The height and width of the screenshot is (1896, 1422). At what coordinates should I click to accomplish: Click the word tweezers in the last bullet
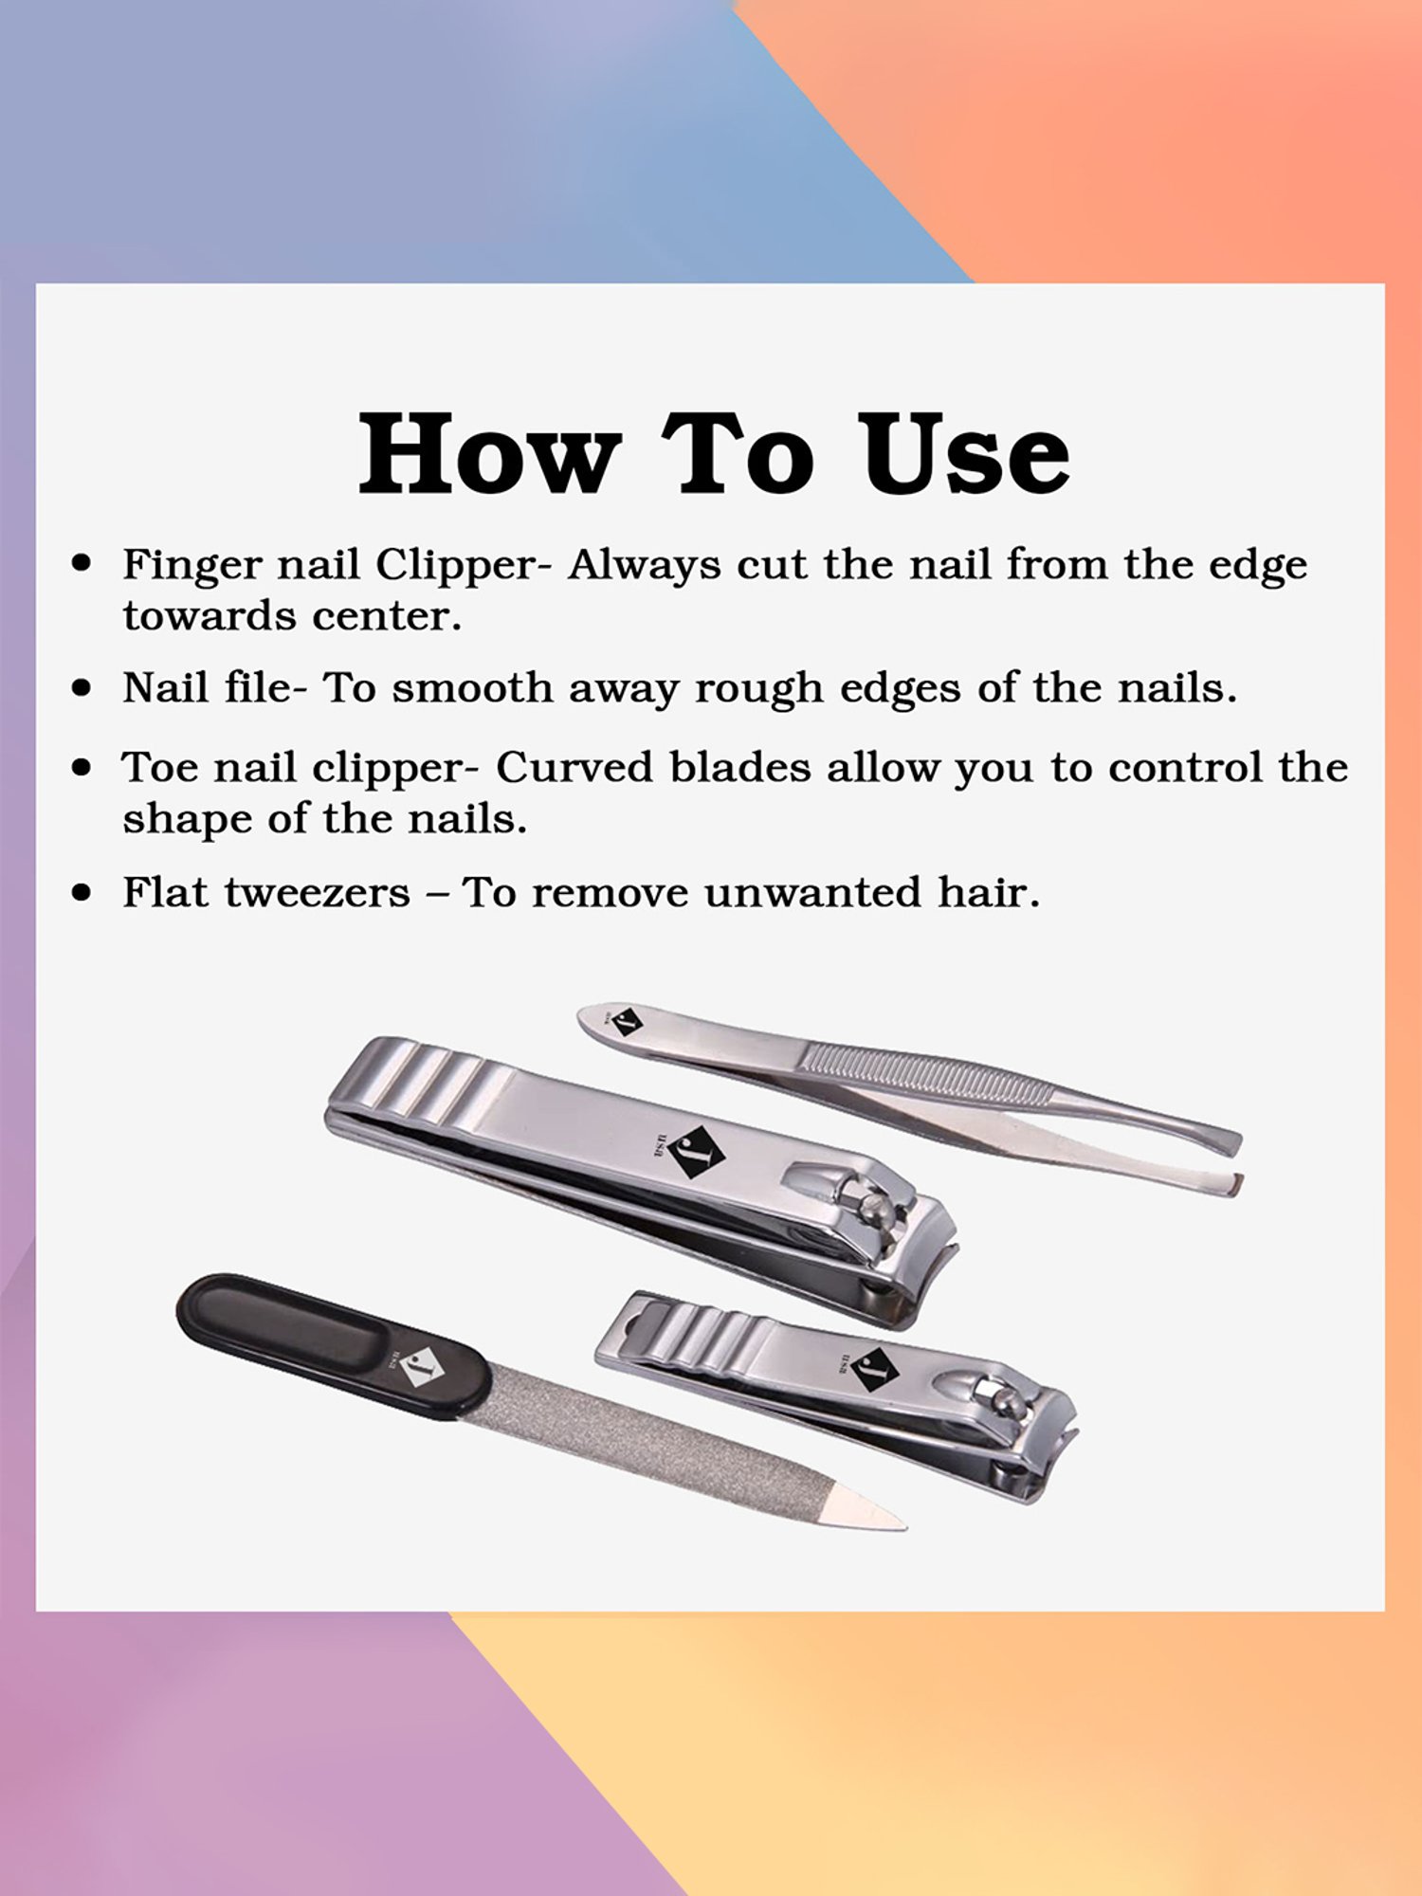coord(318,893)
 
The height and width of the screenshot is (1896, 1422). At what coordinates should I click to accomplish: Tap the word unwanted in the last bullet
coord(812,892)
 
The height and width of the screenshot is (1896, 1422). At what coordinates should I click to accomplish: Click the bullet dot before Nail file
coord(82,687)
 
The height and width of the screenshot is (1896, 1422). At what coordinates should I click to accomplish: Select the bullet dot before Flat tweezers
coord(82,892)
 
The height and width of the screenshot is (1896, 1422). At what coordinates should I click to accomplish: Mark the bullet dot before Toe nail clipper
coord(82,767)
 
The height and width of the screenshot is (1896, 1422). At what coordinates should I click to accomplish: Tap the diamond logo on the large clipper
coord(697,1153)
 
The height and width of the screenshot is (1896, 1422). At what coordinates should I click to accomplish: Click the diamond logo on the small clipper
coord(874,1370)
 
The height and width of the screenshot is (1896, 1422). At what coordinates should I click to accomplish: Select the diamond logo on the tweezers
coord(627,1023)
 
